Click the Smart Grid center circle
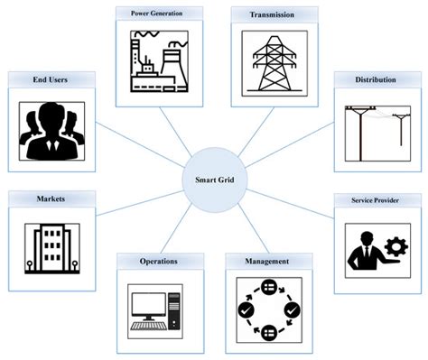tap(215, 179)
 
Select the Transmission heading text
tap(265, 14)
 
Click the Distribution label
tap(376, 80)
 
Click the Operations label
tap(158, 262)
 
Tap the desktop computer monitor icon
tap(148, 307)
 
